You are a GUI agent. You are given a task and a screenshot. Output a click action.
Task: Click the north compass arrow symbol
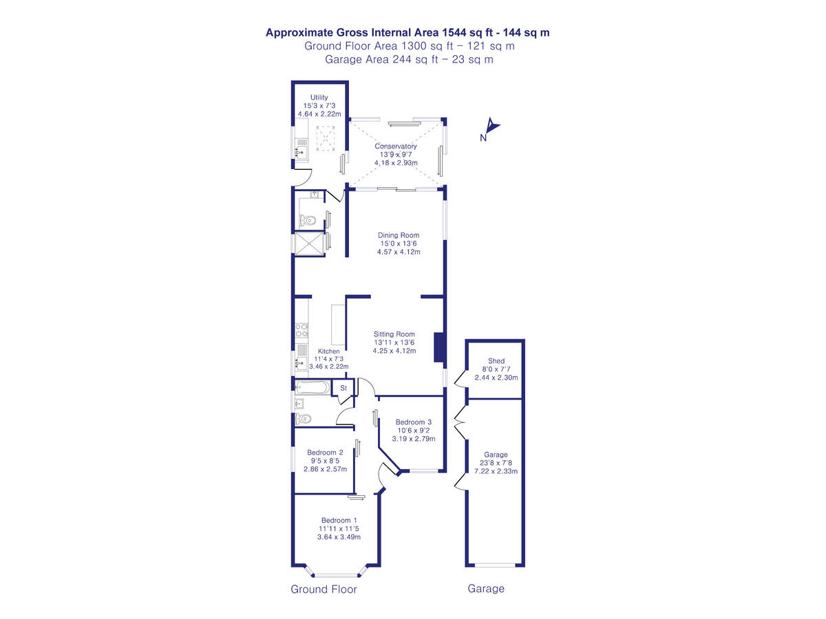click(x=491, y=126)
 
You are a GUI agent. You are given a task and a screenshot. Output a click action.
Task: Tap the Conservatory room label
click(x=396, y=146)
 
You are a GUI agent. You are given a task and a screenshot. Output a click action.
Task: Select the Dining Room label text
click(x=399, y=235)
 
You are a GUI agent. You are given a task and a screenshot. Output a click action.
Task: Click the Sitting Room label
click(x=394, y=334)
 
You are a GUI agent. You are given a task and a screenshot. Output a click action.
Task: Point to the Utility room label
click(x=319, y=98)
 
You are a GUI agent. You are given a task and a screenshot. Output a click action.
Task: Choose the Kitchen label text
click(x=328, y=351)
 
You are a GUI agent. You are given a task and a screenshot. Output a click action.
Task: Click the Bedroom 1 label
click(x=339, y=520)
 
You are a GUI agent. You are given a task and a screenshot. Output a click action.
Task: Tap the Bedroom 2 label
click(x=325, y=452)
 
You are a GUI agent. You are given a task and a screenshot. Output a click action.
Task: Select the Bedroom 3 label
click(x=413, y=422)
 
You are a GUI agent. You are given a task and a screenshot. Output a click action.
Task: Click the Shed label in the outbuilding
click(x=496, y=361)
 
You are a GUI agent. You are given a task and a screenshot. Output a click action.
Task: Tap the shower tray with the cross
click(x=308, y=243)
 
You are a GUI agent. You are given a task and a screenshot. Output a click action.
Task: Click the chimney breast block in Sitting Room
click(x=438, y=347)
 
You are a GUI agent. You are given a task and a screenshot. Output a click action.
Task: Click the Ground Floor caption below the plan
click(x=324, y=589)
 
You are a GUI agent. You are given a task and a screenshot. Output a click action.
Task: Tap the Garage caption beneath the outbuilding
click(x=486, y=589)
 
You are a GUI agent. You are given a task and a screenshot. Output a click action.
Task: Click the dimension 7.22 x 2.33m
click(x=496, y=471)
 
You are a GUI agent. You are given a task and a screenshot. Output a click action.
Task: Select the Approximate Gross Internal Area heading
click(x=407, y=32)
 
